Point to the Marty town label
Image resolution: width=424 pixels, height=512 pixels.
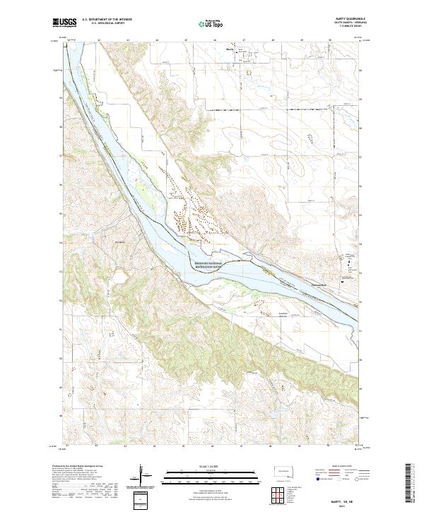pyautogui.click(x=228, y=49)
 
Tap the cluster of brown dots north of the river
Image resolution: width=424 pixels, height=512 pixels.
pyautogui.click(x=187, y=205)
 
